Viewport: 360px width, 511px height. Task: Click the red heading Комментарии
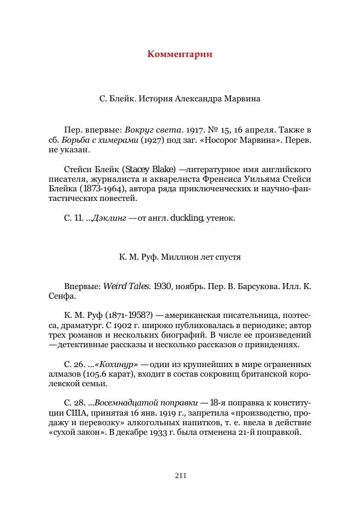(x=180, y=55)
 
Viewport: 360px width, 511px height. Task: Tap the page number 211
(x=180, y=476)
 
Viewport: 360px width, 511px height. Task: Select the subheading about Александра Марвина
(x=180, y=97)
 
